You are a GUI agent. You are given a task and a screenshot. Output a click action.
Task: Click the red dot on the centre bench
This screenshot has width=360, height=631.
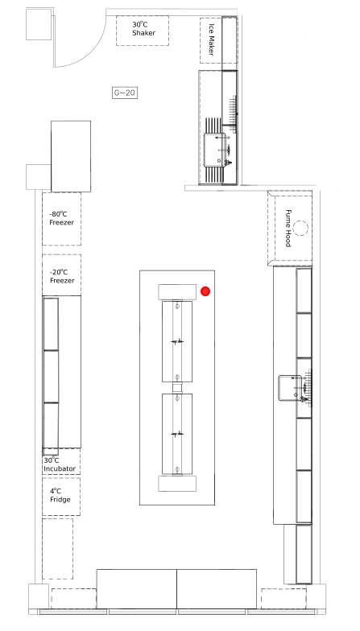[x=205, y=291]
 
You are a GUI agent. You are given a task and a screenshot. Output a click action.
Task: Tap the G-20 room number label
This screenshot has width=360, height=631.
[x=124, y=93]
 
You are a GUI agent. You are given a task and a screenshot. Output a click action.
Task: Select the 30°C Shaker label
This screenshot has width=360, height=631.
[x=143, y=29]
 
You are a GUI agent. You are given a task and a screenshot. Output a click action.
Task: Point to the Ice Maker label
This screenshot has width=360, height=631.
[x=211, y=40]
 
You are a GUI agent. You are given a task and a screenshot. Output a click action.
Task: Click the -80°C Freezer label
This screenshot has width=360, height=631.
[x=61, y=218]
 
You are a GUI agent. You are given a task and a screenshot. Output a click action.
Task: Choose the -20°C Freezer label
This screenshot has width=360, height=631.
[x=62, y=277]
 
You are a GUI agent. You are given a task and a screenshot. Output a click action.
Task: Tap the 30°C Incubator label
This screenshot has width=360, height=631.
[x=60, y=464]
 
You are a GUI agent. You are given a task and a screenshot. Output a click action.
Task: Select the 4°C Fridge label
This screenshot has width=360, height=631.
[x=60, y=496]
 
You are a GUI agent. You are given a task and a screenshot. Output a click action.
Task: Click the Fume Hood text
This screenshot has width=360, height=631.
[x=288, y=229]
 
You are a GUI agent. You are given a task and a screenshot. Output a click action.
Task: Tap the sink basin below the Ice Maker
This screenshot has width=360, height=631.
[x=214, y=150]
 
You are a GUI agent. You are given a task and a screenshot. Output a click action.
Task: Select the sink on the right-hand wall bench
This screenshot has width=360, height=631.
[x=290, y=388]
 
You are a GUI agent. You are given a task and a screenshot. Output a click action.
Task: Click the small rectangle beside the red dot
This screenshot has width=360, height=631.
[x=177, y=291]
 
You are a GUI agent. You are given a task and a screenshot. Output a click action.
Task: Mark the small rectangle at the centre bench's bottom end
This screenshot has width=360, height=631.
[x=177, y=484]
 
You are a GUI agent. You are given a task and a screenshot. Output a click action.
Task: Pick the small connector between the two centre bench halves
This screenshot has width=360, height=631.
[x=177, y=388]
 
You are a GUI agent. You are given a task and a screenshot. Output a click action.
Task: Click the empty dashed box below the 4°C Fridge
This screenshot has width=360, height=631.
[x=58, y=549]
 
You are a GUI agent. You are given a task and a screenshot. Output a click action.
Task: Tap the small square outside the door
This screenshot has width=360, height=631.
[x=39, y=24]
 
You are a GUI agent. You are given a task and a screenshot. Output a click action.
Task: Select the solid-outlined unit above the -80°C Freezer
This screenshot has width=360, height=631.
[x=71, y=156]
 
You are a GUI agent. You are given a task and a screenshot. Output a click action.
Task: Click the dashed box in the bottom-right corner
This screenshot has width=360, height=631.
[x=283, y=599]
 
